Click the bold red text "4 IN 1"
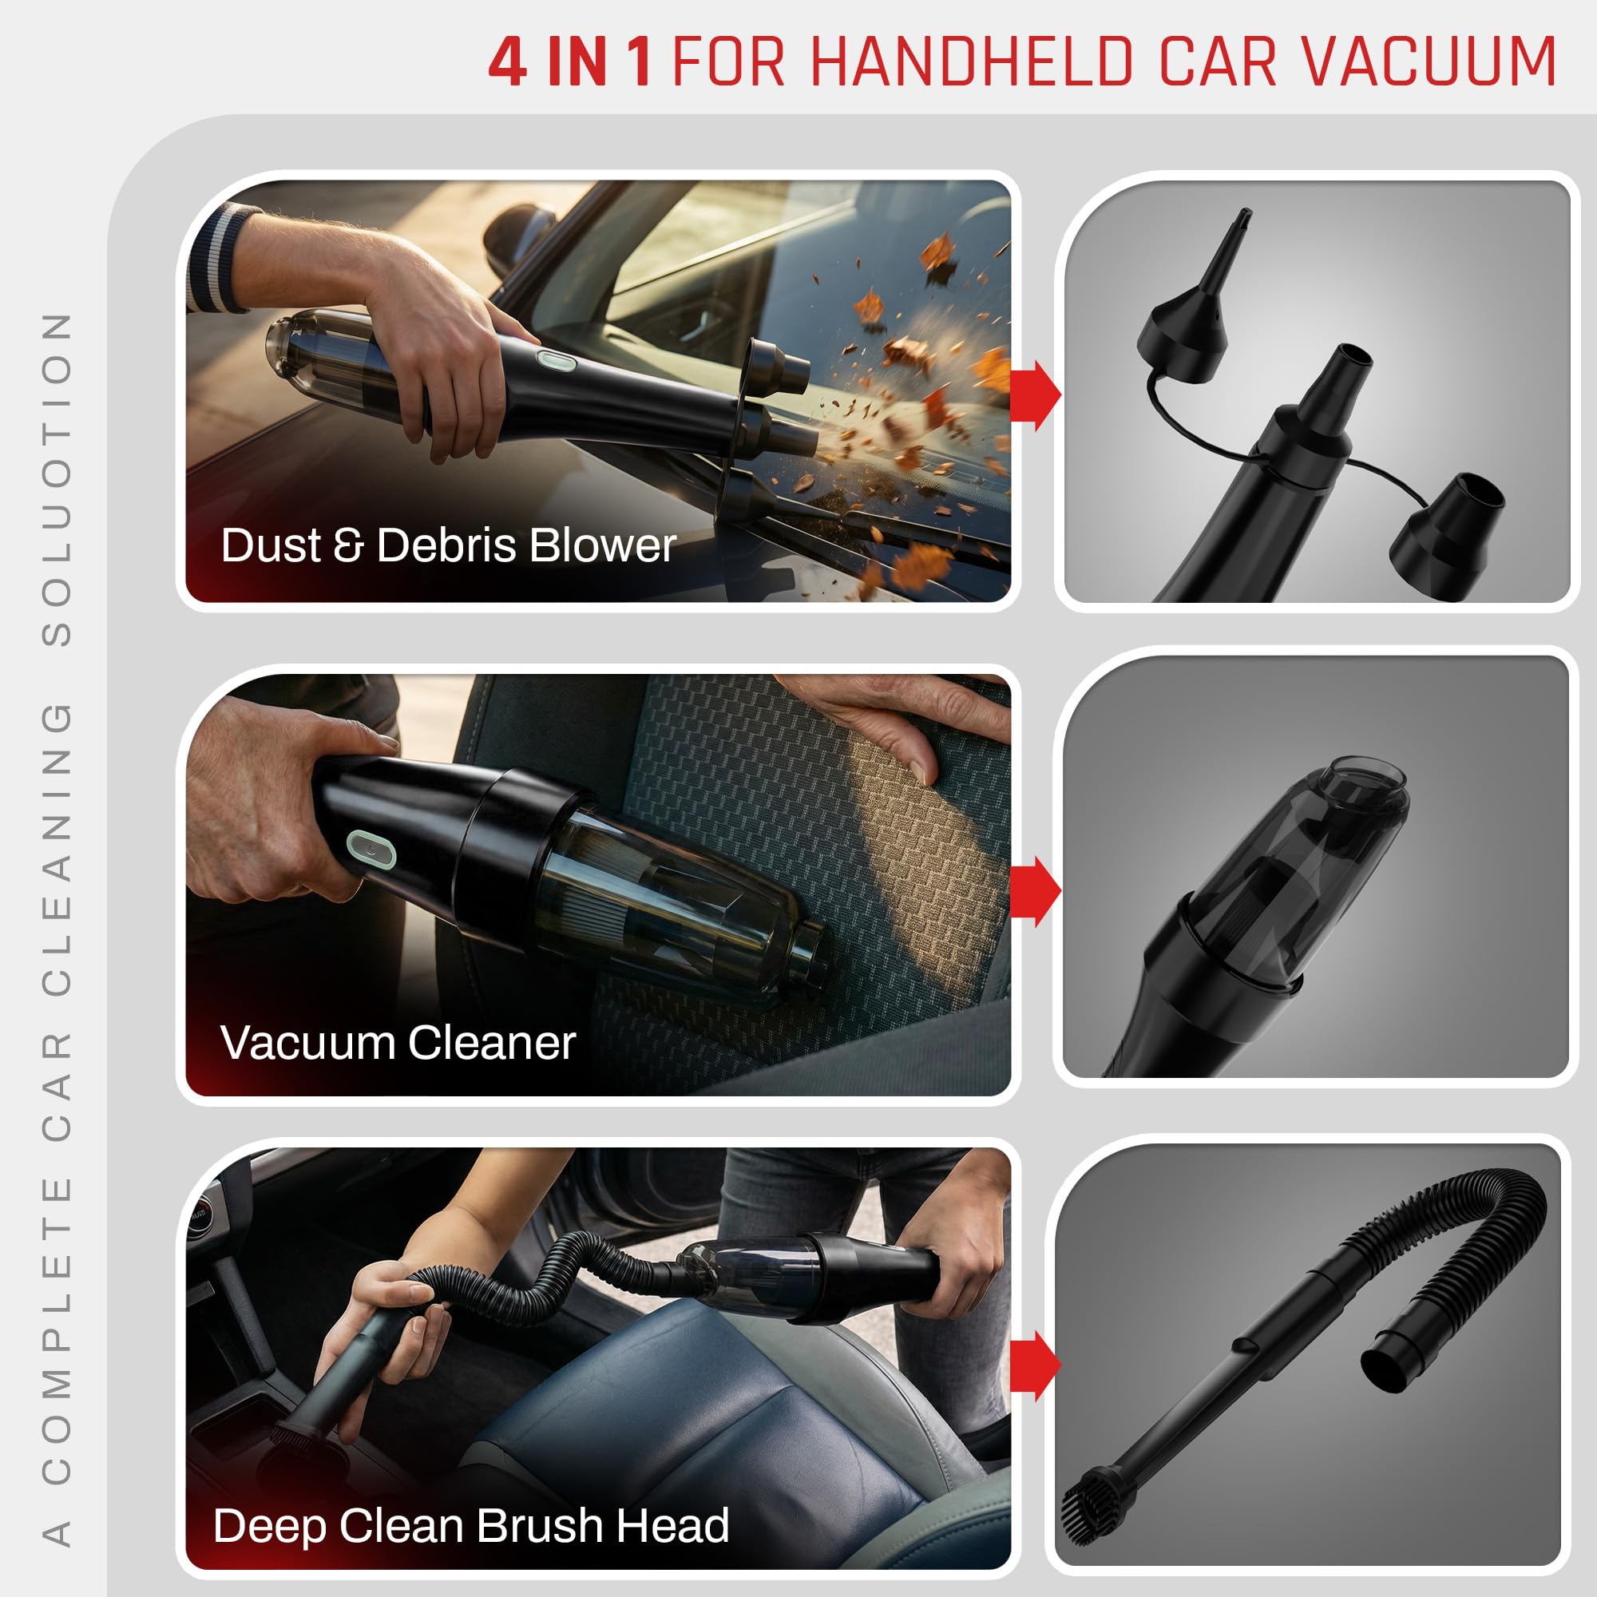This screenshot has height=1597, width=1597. point(569,63)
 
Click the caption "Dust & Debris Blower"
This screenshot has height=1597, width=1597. point(448,545)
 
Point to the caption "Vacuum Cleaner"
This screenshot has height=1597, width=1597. point(398,1042)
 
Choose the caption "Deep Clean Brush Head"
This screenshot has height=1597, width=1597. point(470,1525)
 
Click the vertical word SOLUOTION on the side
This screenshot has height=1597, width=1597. point(56,479)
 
